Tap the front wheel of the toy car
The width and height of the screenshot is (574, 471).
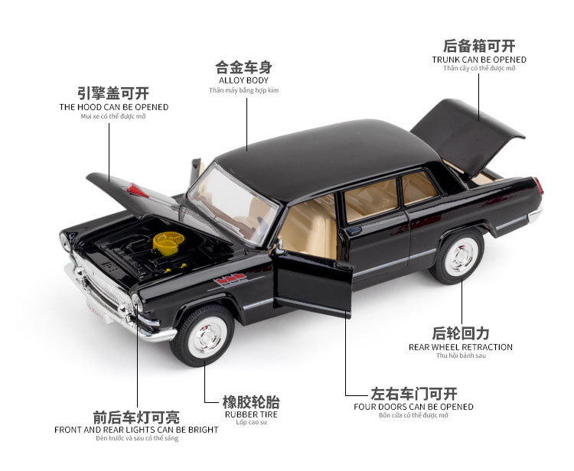point(202,334)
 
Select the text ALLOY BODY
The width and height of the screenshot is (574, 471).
point(243,80)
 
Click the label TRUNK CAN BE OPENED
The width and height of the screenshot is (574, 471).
point(479,59)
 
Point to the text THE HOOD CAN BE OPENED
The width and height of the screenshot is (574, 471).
point(114,107)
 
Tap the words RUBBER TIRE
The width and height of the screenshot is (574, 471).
point(251,414)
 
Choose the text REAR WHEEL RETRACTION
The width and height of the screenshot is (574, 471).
point(461,346)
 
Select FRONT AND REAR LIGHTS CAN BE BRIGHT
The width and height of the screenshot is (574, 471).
point(136,429)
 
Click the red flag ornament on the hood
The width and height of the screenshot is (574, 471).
point(139,190)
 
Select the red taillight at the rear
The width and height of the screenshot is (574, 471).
point(539,186)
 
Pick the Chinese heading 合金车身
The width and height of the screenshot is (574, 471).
point(243,66)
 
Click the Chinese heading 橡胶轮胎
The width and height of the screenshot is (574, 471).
point(251,401)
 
